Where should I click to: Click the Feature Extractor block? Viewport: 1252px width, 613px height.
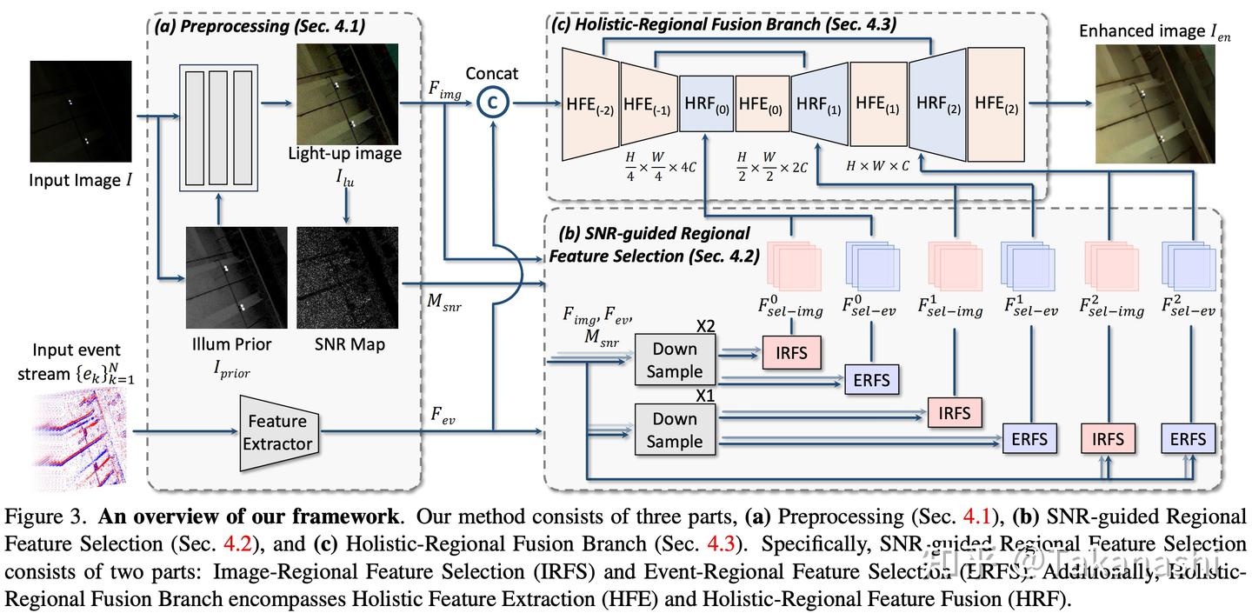tap(277, 432)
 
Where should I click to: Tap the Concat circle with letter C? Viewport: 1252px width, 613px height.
tap(492, 103)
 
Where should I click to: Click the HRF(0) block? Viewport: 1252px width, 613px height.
tap(707, 103)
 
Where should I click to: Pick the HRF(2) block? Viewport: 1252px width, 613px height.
tap(937, 103)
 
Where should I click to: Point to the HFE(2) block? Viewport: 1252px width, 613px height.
tap(996, 103)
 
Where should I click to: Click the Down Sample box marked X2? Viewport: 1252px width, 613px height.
tap(675, 359)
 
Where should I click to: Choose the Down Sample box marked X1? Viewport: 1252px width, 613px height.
tap(675, 430)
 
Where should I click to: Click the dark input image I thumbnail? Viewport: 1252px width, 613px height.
tap(81, 111)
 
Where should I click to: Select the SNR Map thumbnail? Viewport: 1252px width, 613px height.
tap(347, 277)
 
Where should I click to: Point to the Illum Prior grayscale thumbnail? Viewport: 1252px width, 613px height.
tap(236, 277)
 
